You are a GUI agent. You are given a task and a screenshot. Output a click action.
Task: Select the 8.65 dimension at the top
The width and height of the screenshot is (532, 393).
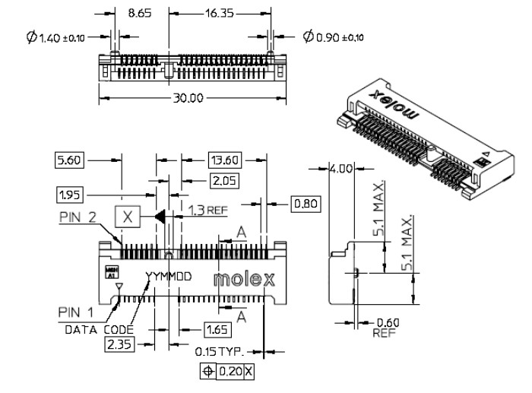click(x=140, y=14)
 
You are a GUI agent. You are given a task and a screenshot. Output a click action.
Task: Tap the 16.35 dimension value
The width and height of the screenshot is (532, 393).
click(x=218, y=14)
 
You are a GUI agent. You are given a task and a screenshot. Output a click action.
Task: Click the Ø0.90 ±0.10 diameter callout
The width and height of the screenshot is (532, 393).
click(x=333, y=36)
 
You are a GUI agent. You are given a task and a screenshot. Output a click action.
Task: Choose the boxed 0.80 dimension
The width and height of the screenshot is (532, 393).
click(x=306, y=203)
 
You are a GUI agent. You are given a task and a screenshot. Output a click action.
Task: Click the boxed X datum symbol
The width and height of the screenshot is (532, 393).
click(x=128, y=217)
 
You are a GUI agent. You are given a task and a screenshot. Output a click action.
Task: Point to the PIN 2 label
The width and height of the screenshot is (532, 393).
click(x=79, y=217)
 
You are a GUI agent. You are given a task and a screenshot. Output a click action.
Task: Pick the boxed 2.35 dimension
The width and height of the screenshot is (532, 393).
click(x=119, y=345)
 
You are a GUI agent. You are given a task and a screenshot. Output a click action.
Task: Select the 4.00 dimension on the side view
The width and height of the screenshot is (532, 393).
click(x=340, y=170)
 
